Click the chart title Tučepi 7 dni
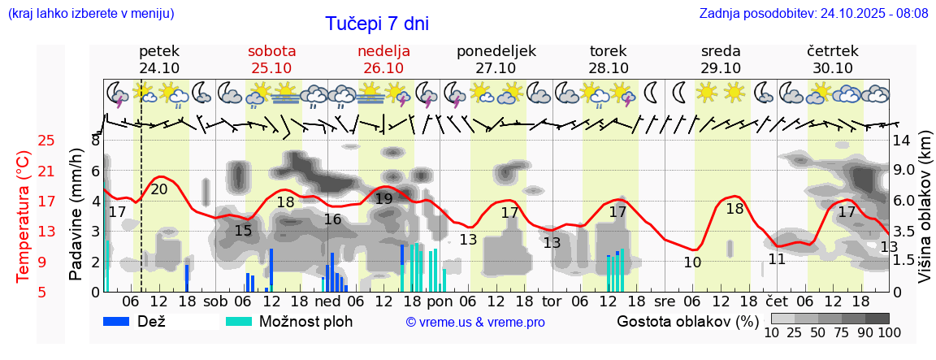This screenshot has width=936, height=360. [377, 24]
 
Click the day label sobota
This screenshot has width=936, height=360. [271, 51]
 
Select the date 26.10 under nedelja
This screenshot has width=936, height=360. [383, 68]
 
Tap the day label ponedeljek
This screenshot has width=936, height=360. [496, 51]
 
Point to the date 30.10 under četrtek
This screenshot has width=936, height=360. [832, 68]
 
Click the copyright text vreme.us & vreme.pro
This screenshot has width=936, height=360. [475, 322]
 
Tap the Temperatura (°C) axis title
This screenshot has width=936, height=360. [24, 217]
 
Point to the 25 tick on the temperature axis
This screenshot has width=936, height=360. [47, 141]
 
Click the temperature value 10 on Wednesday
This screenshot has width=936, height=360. [692, 262]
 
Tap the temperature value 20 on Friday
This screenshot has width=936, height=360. [159, 189]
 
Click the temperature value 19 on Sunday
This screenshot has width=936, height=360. [384, 199]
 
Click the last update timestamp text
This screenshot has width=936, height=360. [813, 14]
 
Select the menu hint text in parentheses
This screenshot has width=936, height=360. [90, 14]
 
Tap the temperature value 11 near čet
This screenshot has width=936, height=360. [777, 259]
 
